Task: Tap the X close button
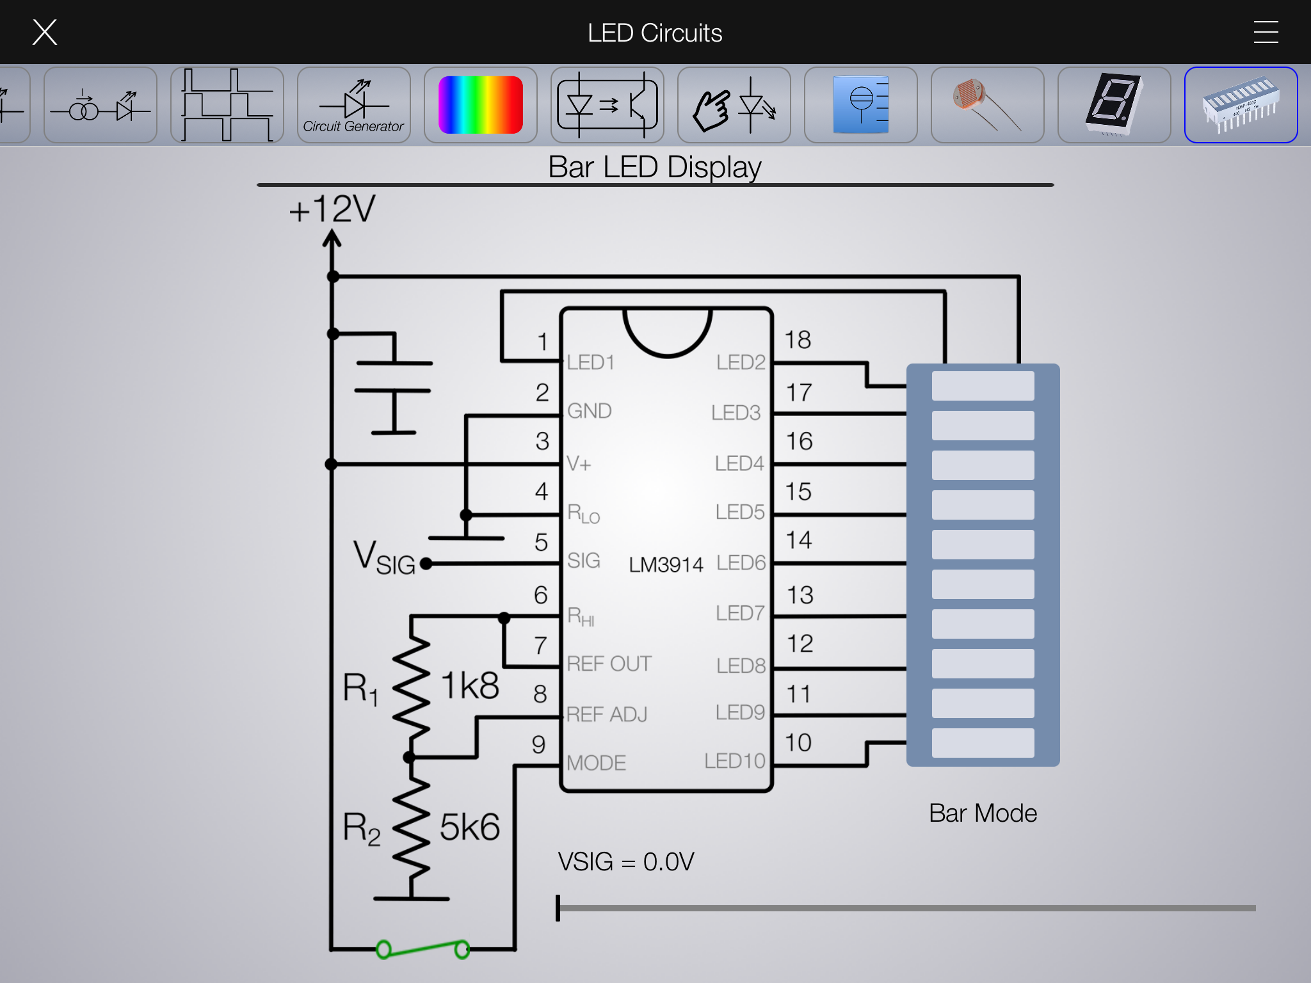(45, 32)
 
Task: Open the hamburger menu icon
(1266, 32)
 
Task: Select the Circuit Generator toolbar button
(353, 105)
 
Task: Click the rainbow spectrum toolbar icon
(480, 105)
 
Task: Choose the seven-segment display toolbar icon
(1114, 105)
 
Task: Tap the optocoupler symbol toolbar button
(607, 105)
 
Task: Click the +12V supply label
(332, 209)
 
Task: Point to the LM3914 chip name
(666, 564)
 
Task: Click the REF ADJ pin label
(607, 714)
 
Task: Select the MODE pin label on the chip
(596, 763)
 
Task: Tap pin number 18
(798, 340)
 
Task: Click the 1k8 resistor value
(471, 685)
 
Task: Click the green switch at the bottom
(423, 948)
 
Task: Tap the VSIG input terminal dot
(426, 563)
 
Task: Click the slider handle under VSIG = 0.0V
(558, 907)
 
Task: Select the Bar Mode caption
(983, 813)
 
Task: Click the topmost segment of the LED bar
(983, 386)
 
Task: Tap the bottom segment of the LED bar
(983, 743)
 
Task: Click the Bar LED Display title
(655, 167)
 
